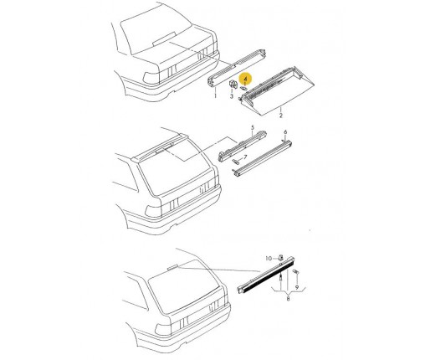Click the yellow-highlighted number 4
[x=245, y=80]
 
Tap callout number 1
[x=215, y=95]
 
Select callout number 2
[x=281, y=116]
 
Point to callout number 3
[x=232, y=96]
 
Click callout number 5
[x=253, y=128]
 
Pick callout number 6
[x=285, y=132]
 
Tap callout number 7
[x=245, y=157]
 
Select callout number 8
[x=288, y=299]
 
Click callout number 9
[x=297, y=287]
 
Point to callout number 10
[x=269, y=259]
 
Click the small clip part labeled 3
[x=233, y=84]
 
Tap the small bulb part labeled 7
[x=236, y=162]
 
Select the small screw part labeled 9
[x=296, y=271]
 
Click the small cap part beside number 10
[x=281, y=257]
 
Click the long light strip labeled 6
[x=262, y=158]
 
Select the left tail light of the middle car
[x=153, y=211]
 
